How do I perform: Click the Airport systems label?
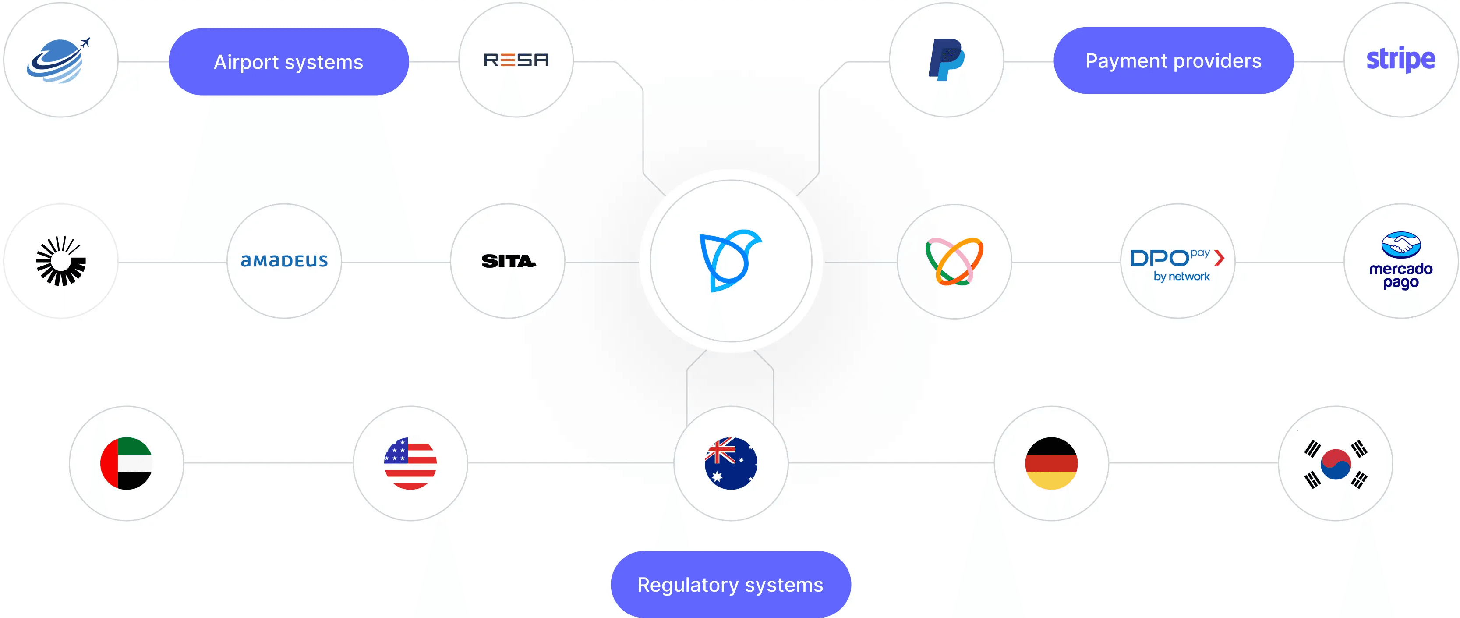(289, 62)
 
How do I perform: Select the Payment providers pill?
(1173, 60)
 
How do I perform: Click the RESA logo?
(516, 60)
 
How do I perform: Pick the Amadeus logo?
(284, 261)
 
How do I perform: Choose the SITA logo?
(508, 261)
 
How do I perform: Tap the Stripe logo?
(1400, 59)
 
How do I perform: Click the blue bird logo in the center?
(731, 261)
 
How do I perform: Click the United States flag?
(410, 463)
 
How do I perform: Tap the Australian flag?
(731, 463)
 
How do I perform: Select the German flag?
(1051, 463)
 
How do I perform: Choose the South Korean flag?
(1335, 463)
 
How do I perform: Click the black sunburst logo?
(60, 261)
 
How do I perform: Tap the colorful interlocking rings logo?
(954, 261)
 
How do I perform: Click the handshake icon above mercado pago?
(1400, 245)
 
